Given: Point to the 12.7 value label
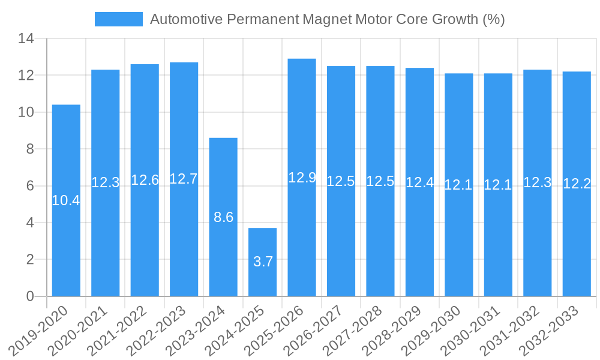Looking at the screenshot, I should click(x=184, y=179).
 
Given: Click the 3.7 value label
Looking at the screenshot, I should click(x=263, y=262).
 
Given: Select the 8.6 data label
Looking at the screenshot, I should click(x=223, y=217).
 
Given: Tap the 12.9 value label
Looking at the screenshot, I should click(x=302, y=178).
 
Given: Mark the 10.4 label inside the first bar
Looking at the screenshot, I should click(x=66, y=200).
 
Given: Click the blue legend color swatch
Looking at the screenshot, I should click(x=119, y=19).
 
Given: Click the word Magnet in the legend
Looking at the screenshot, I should click(x=328, y=19).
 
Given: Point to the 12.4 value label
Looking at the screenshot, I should click(x=419, y=182).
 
